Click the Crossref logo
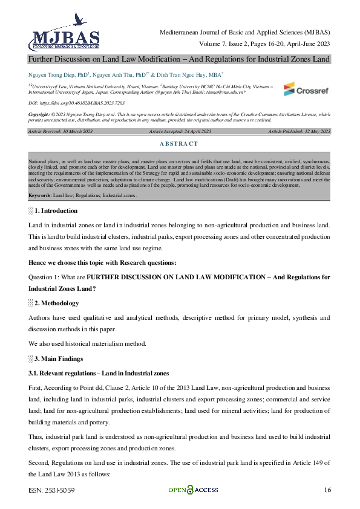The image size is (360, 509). point(307,89)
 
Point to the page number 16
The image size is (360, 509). point(327,490)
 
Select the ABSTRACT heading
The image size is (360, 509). point(180,143)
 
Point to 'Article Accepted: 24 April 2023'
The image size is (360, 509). point(180,131)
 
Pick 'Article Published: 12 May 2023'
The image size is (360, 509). point(299,131)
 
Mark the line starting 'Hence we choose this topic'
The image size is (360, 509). point(102,262)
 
